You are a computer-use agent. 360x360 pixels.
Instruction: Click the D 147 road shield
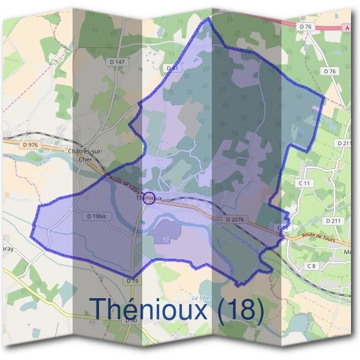pos(117,62)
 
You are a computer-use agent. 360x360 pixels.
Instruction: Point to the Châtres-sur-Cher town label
pos(85,154)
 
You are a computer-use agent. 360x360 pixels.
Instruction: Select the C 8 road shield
pos(311,266)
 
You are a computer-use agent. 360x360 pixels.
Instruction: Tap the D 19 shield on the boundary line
pos(133,280)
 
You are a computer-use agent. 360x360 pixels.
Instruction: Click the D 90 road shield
pos(131,321)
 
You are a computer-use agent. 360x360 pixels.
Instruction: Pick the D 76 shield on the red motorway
pos(305,27)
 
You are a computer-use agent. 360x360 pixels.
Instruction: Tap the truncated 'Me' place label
pos(347,252)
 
